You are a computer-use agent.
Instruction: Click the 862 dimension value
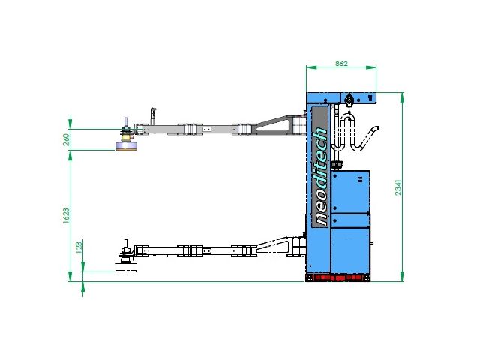tap(341, 63)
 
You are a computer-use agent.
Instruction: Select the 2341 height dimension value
tap(397, 187)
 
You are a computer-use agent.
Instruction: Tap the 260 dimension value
tap(67, 139)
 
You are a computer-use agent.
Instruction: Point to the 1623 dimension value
tap(66, 216)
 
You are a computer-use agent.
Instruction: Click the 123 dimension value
tap(79, 247)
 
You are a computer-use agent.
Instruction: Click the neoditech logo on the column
tap(321, 177)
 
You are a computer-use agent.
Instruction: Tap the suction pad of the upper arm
tap(126, 146)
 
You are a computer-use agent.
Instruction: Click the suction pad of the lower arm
tap(126, 267)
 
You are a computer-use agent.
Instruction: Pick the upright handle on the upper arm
tap(153, 116)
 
